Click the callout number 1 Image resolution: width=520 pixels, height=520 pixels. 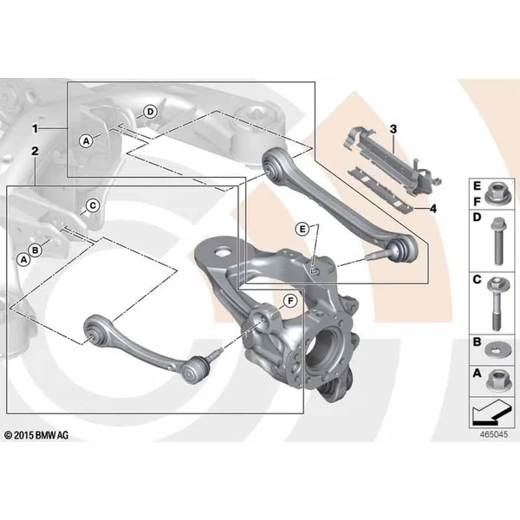pos(36,128)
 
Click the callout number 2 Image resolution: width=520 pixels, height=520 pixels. pos(35,151)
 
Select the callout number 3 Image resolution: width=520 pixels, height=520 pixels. pos(393,128)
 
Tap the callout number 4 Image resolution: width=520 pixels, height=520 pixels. pos(432,209)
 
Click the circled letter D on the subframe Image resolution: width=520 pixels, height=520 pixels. pos(150,112)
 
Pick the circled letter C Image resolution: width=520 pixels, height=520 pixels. pos(93,205)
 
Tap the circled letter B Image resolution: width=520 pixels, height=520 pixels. pos(36,250)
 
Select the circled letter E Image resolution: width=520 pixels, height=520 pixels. pos(302,229)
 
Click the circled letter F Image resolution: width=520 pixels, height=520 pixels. pos(290,301)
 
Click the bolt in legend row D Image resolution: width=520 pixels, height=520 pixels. pos(497,241)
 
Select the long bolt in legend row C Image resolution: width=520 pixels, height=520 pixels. pos(496,304)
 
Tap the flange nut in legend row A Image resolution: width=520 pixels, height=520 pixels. pos(497,380)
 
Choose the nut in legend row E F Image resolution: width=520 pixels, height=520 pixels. pos(497,193)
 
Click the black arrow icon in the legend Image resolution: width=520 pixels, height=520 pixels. pos(491,413)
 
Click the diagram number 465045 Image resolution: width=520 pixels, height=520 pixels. pos(494,434)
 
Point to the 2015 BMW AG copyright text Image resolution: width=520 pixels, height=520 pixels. pos(36,435)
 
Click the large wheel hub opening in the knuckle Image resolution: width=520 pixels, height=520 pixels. pos(322,349)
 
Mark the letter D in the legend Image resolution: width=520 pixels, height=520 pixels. pos(477,218)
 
